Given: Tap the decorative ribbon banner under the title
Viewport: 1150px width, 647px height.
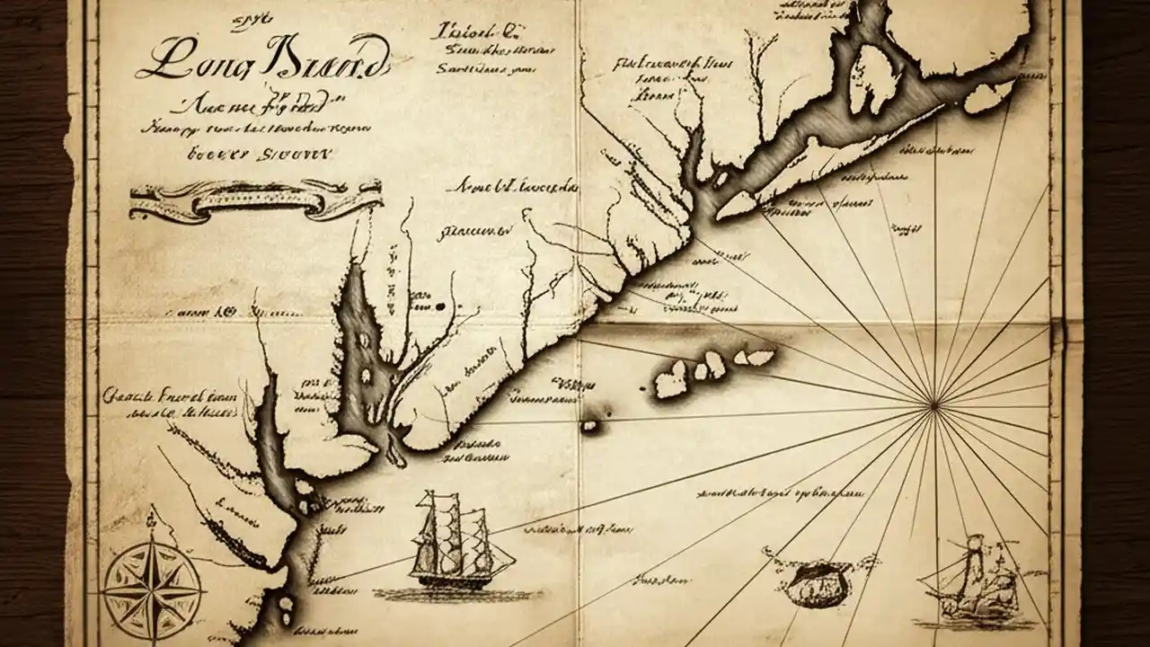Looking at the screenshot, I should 255,199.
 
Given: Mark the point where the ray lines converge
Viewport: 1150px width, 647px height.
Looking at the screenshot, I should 934,405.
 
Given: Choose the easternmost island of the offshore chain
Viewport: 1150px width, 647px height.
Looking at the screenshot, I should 759,358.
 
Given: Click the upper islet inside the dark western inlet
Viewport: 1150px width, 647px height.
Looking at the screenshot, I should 365,341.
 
